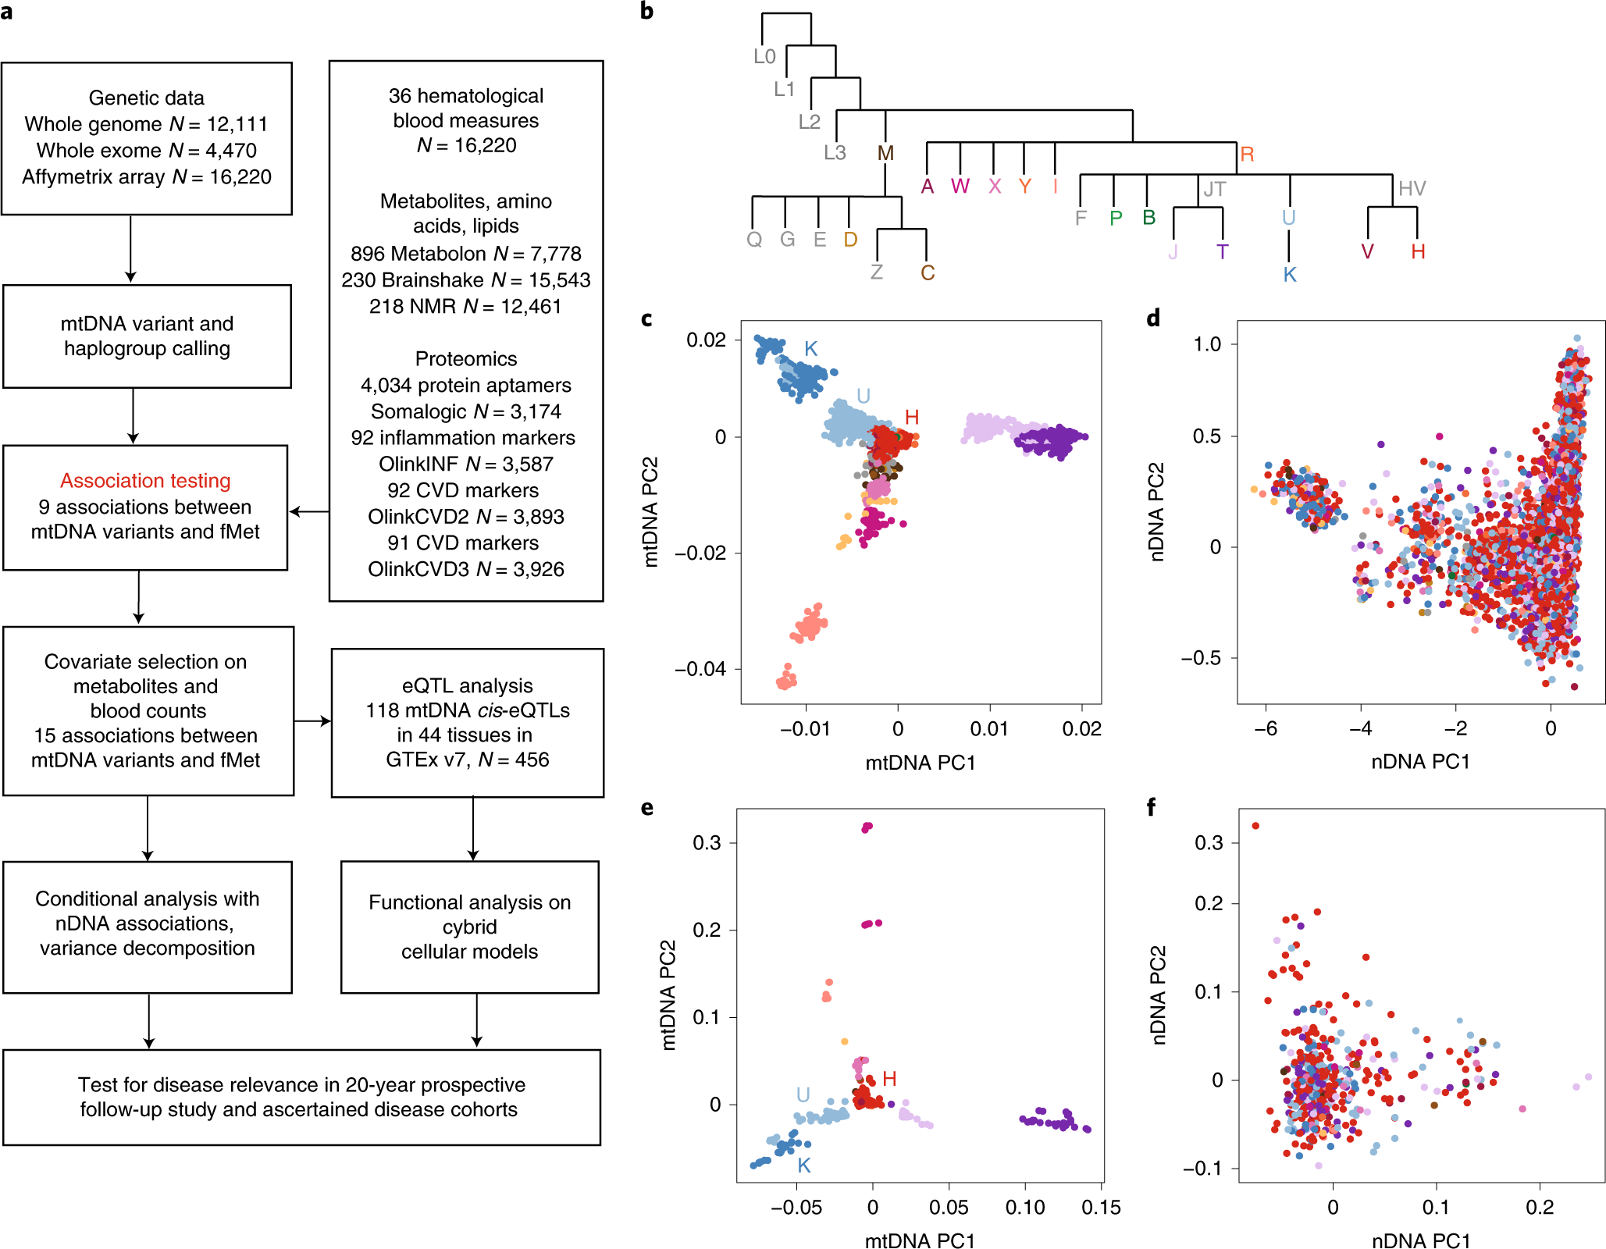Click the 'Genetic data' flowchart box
[x=147, y=138]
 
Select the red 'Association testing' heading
[x=145, y=480]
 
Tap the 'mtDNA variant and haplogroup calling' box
[x=147, y=336]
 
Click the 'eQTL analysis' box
[x=467, y=722]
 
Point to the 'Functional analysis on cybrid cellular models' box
[x=469, y=927]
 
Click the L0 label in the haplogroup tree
[x=764, y=56]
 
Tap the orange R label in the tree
[x=1247, y=154]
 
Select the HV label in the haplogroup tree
[x=1412, y=188]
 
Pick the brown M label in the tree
[x=885, y=153]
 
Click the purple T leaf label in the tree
[x=1222, y=251]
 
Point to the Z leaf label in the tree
[x=877, y=272]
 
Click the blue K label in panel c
[x=810, y=349]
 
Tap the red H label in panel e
[x=889, y=1079]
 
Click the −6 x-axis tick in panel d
[x=1266, y=728]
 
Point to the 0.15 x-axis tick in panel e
[x=1101, y=1208]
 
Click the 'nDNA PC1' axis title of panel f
[x=1420, y=1240]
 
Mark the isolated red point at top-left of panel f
[x=1255, y=826]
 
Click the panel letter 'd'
[x=1153, y=318]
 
